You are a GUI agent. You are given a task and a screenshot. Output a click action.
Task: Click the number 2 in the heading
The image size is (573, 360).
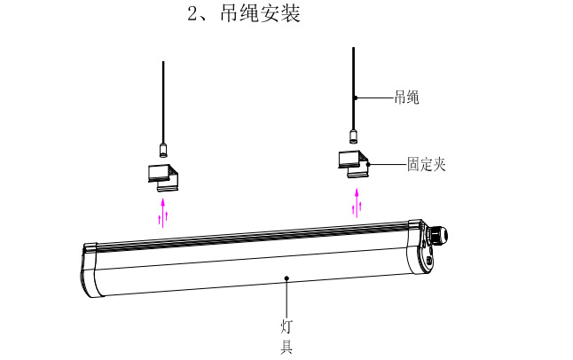click(192, 16)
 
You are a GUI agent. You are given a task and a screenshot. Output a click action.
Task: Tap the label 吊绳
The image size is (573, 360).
click(406, 98)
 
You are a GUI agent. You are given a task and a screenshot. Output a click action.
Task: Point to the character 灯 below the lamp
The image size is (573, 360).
click(286, 325)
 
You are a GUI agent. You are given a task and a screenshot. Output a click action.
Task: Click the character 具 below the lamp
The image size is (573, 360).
click(286, 347)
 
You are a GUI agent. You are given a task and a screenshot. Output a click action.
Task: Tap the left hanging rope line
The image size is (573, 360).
click(163, 98)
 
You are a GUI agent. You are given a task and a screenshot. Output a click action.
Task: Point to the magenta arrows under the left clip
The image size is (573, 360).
click(162, 213)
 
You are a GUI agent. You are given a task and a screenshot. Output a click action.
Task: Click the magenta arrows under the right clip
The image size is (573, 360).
click(357, 202)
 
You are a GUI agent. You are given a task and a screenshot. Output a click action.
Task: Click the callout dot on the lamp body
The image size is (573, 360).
click(286, 278)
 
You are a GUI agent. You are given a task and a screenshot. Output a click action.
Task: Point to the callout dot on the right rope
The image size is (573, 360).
click(353, 97)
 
